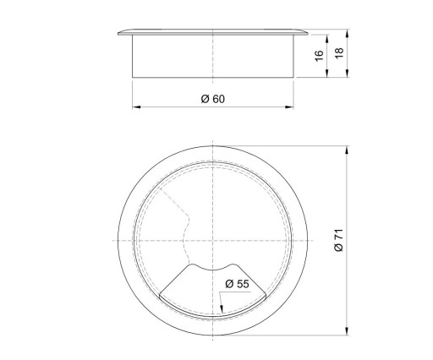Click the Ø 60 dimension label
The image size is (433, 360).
(x=213, y=99)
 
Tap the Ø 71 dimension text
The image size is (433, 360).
(x=338, y=240)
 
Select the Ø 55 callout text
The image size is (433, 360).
(x=237, y=284)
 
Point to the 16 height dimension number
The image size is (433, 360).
(x=319, y=56)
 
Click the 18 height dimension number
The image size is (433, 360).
(x=339, y=53)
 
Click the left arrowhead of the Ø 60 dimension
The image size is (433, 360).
(x=136, y=107)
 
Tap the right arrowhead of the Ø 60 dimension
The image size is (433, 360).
(x=289, y=107)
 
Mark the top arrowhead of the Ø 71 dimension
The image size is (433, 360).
(x=347, y=150)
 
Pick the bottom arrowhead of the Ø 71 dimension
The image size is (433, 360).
(x=347, y=331)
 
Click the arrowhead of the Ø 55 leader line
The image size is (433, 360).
(x=222, y=309)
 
